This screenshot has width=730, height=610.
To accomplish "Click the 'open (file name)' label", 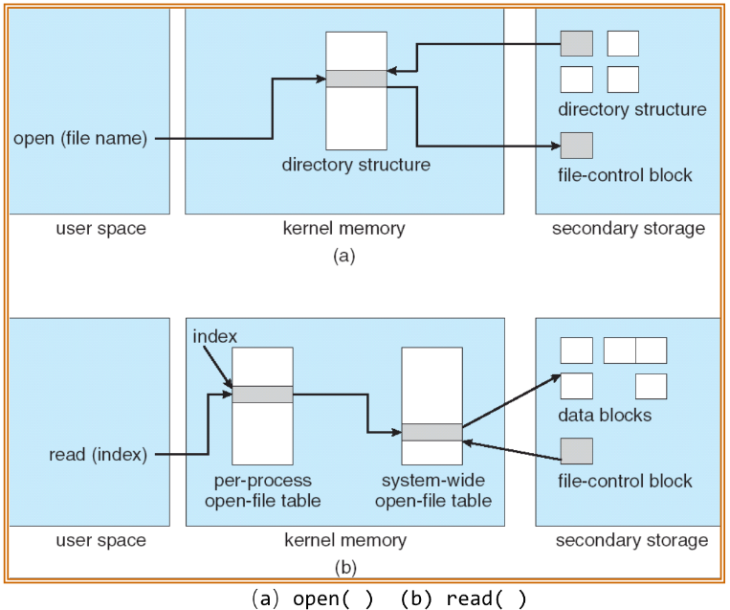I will point(80,140).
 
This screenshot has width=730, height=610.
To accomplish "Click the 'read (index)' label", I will point(98,455).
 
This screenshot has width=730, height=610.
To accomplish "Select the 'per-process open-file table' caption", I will point(262,489).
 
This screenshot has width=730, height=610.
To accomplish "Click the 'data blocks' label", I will point(605,416).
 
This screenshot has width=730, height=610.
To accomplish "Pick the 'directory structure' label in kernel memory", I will point(356,165).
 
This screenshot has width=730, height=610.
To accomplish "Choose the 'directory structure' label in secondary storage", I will point(631,109).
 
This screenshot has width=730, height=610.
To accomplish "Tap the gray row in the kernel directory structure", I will point(356,79).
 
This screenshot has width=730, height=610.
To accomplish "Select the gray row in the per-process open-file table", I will point(263,394).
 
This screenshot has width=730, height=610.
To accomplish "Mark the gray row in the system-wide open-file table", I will point(431,432).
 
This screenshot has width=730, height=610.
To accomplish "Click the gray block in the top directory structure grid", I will point(576,44).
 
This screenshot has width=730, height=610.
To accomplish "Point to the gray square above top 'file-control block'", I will point(576,146).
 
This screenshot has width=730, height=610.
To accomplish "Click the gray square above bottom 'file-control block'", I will point(576,450).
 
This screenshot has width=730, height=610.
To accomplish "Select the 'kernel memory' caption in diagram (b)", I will point(344,541).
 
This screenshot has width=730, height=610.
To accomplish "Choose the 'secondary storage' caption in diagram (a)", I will point(629,229).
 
